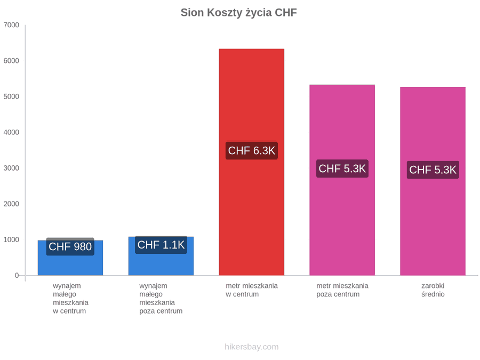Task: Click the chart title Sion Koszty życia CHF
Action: coord(238,13)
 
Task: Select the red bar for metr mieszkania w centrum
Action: coord(251,162)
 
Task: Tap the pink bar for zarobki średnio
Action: coord(433,181)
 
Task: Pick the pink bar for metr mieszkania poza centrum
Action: coord(342,180)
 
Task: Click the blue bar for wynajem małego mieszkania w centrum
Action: coord(70,258)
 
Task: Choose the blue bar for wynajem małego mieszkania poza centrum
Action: coord(161,256)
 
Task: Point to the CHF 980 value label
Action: coord(70,246)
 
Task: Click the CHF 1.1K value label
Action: coord(161,245)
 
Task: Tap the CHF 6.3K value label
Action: coord(252,150)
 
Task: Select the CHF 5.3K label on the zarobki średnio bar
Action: coord(433,170)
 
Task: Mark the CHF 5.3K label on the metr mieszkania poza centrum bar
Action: coord(342,169)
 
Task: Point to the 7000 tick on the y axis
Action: coord(11,25)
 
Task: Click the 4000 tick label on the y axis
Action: coord(11,132)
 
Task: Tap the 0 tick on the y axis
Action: coord(17,276)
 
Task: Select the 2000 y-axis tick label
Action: coord(11,204)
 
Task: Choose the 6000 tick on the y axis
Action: coord(11,61)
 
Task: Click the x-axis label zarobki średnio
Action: coord(433,290)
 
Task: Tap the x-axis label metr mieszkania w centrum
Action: coord(252,290)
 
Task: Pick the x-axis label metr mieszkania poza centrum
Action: coord(342,290)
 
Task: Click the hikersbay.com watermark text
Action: coord(252,347)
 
